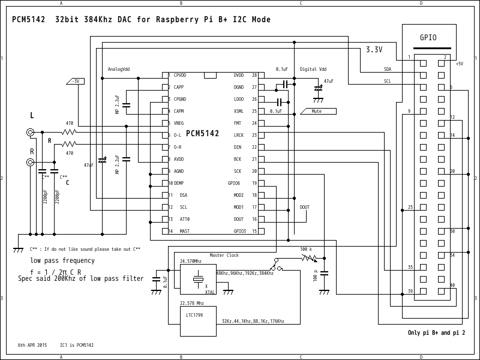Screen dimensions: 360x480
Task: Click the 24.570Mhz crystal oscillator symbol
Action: (198, 279)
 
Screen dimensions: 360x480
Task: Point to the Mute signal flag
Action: (317, 111)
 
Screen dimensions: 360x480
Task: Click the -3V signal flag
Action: (74, 81)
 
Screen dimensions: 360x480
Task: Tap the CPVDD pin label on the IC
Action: (180, 75)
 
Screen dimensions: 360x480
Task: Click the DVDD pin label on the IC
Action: (239, 75)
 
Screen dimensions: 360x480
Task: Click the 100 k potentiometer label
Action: (306, 248)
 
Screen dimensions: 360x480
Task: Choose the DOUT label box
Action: (305, 207)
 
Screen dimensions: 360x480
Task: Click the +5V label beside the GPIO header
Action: (459, 64)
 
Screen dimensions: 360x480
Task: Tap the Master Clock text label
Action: (224, 255)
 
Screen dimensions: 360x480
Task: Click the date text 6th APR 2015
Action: (32, 345)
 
